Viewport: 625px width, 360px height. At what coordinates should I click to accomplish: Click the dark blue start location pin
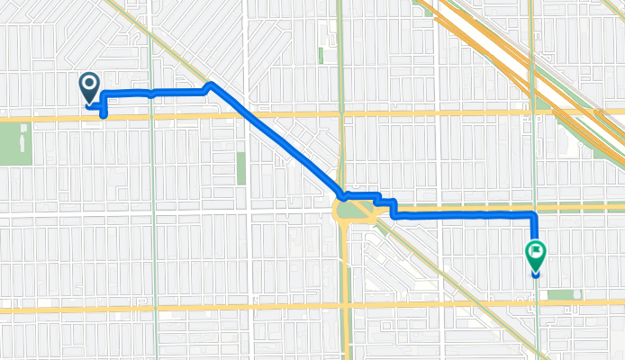click(x=90, y=88)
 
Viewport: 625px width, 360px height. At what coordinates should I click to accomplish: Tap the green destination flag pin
click(x=536, y=256)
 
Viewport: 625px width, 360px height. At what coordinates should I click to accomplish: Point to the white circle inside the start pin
click(x=90, y=85)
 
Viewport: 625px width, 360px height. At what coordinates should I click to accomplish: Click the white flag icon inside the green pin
click(x=536, y=253)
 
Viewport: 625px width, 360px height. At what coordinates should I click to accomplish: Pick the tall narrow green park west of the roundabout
click(x=240, y=167)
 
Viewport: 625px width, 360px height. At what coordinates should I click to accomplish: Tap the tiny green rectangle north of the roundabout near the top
click(x=321, y=55)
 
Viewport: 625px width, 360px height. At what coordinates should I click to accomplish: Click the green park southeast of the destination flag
click(x=562, y=294)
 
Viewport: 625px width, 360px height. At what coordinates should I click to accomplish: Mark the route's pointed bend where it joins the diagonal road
click(x=210, y=85)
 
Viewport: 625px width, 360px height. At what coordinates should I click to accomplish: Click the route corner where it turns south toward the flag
click(x=534, y=214)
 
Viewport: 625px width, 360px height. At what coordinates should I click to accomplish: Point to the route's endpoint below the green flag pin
click(x=536, y=274)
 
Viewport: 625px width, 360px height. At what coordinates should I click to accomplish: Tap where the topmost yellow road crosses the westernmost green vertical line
click(x=150, y=115)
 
